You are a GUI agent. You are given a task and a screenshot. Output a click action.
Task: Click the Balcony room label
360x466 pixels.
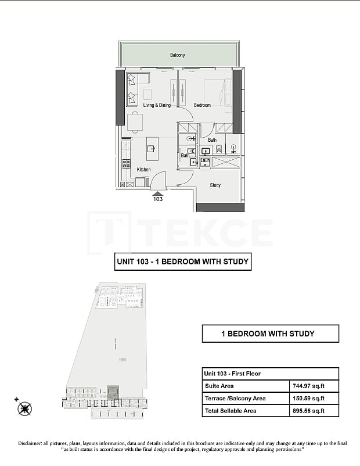[x=177, y=55]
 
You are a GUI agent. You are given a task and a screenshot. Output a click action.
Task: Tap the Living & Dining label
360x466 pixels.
[x=157, y=105]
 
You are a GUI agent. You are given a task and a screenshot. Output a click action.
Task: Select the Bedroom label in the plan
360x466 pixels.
[x=202, y=105]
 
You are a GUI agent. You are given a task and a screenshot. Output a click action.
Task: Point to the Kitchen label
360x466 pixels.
[x=143, y=170]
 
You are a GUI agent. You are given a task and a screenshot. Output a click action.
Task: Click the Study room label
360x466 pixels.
[x=215, y=185]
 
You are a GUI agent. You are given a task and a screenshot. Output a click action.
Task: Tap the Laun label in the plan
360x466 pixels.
[x=205, y=160]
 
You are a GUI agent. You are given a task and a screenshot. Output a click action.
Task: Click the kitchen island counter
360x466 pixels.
[x=152, y=149]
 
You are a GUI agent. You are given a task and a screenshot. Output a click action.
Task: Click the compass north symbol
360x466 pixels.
[x=25, y=408]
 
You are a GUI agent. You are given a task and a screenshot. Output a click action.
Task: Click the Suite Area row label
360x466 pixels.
[x=219, y=386]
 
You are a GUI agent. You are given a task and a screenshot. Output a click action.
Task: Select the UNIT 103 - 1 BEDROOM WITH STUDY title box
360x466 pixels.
[x=183, y=261]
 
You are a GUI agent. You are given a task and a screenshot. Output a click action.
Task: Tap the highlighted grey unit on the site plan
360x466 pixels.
[x=113, y=392]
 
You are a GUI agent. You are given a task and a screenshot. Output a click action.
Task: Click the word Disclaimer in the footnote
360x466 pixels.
[x=33, y=444]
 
